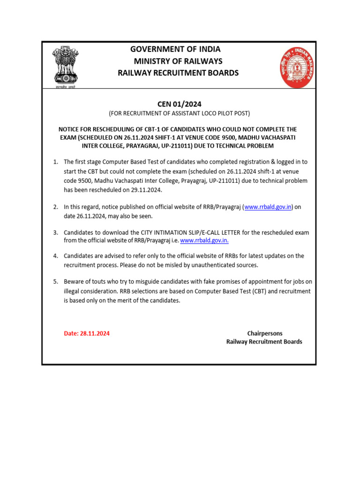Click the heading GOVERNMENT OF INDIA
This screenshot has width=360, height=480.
(x=175, y=49)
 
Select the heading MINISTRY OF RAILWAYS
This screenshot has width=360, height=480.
(x=178, y=61)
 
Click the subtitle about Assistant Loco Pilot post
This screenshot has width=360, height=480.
(x=179, y=113)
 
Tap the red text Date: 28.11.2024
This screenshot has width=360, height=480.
(x=87, y=333)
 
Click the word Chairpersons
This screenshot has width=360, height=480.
(x=265, y=333)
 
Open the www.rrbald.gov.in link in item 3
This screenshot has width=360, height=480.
(x=205, y=240)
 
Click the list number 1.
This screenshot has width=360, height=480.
(x=55, y=162)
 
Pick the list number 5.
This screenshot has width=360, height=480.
(x=55, y=282)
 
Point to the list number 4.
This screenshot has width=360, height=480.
(x=55, y=256)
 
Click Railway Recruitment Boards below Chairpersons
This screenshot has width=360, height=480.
(x=264, y=342)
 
